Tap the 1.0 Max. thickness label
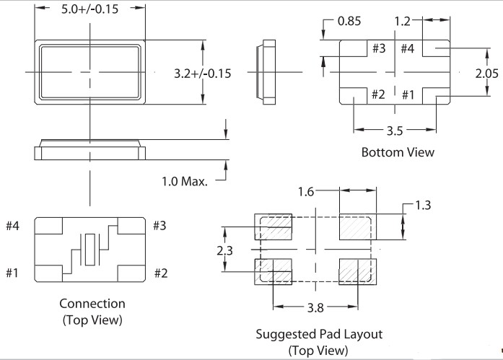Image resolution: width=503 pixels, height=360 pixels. [185, 180]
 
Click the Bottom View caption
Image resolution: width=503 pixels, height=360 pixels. [398, 152]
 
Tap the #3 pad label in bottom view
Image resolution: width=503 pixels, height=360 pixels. [379, 49]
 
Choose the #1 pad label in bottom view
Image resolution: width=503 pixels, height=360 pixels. [408, 95]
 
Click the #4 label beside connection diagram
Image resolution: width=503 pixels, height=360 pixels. [14, 226]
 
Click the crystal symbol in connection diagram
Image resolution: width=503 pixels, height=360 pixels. [89, 249]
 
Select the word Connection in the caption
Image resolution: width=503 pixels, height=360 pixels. [92, 304]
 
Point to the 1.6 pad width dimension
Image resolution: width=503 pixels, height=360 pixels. [307, 191]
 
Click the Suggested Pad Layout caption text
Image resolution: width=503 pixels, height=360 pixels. [319, 335]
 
